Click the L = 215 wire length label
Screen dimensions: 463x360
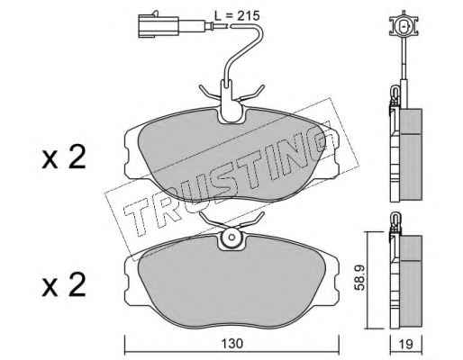pos(237,15)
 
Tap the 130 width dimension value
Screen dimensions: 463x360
pos(231,344)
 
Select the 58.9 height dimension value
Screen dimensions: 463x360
pos(359,277)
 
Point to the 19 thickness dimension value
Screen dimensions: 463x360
pos(406,344)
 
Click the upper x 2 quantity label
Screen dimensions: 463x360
pos(64,157)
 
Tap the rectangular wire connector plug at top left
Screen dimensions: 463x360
pos(159,27)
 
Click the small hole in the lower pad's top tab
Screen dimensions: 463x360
pos(231,237)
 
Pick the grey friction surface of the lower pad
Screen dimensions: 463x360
pos(231,282)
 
